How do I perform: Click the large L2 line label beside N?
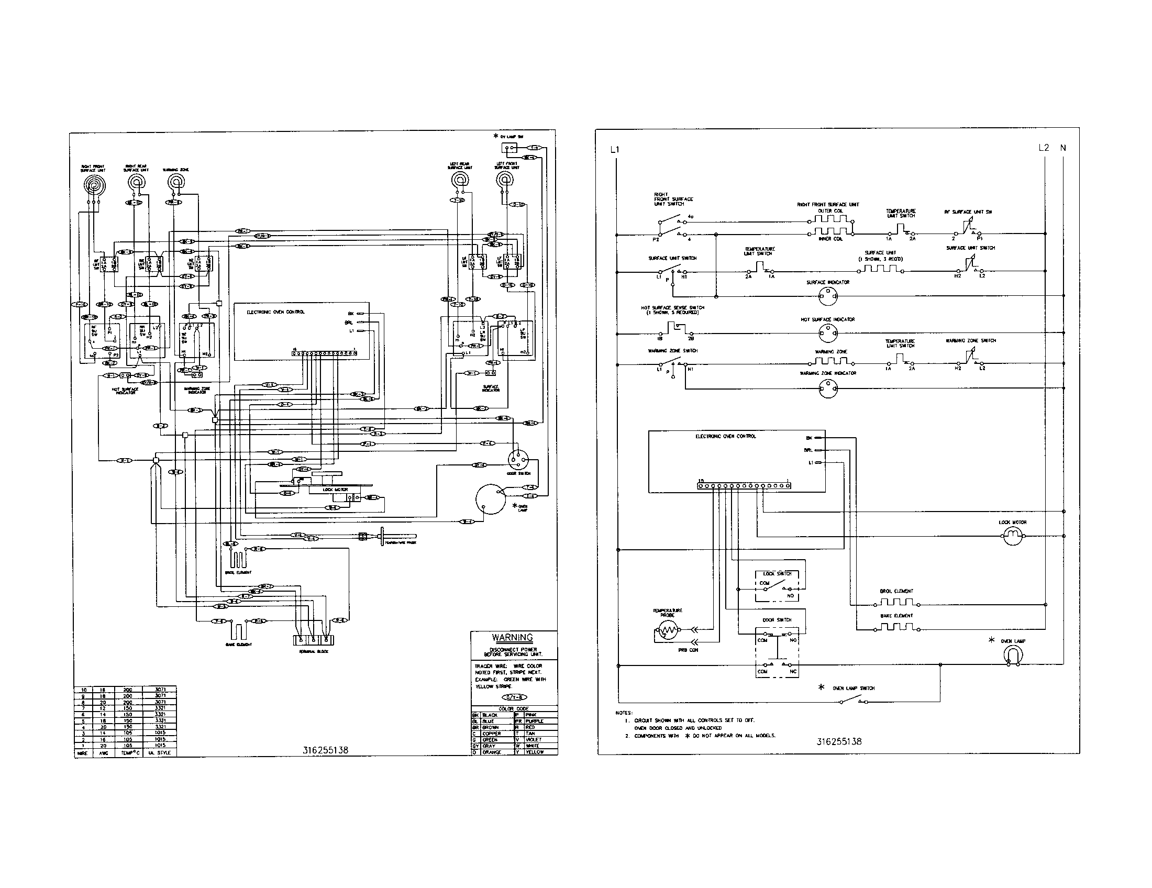point(1043,148)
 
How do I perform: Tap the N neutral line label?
point(1063,148)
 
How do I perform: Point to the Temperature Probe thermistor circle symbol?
point(666,630)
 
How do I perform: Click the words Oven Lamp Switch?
point(854,688)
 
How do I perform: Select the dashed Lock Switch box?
point(777,585)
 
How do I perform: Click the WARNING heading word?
point(512,638)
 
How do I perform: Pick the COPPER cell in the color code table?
point(495,734)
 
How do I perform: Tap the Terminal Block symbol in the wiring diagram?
point(313,640)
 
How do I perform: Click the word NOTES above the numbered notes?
point(624,713)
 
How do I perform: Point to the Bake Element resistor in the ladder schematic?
point(896,627)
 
